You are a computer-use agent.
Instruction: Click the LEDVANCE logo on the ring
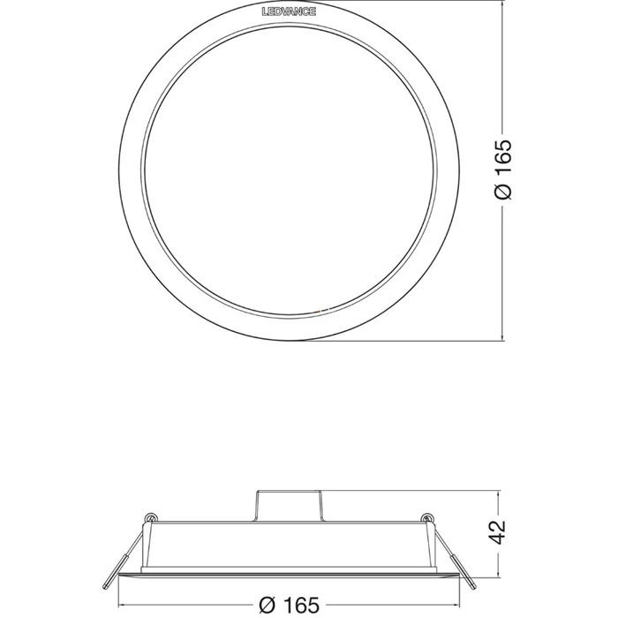click(289, 11)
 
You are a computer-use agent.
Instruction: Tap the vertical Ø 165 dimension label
click(503, 170)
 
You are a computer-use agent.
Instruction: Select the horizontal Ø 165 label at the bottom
click(290, 605)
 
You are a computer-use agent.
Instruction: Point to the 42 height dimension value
click(499, 531)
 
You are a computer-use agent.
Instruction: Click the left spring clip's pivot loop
click(150, 517)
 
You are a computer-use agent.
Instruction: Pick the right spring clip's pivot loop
click(426, 517)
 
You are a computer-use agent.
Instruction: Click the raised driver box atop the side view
click(290, 506)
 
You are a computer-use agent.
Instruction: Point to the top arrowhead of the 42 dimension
click(499, 493)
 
